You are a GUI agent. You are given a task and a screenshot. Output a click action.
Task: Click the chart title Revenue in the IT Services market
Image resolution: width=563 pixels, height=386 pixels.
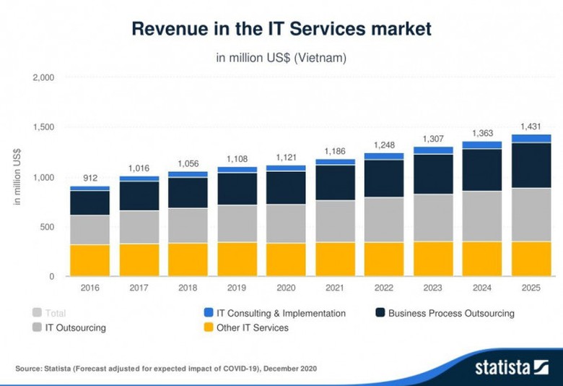[281, 29]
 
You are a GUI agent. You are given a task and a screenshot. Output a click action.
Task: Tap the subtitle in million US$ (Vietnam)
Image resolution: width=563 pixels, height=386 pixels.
[281, 57]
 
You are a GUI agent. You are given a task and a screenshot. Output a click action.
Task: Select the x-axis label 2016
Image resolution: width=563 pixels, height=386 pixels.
[90, 287]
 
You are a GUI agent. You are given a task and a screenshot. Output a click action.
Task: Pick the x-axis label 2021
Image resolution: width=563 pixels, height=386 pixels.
[335, 287]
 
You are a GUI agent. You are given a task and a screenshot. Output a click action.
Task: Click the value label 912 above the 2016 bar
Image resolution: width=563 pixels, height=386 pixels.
[90, 177]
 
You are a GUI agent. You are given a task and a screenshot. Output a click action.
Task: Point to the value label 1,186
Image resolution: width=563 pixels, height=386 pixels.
[335, 150]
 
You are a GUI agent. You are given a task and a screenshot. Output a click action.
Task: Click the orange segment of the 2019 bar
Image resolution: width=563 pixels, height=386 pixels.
[237, 260]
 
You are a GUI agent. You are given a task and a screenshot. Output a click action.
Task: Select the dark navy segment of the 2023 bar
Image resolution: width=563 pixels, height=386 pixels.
[433, 174]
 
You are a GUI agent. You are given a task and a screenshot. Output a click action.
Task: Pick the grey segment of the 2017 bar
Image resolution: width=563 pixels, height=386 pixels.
[139, 227]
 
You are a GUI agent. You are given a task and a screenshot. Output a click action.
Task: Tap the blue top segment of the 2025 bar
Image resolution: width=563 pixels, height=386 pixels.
[531, 138]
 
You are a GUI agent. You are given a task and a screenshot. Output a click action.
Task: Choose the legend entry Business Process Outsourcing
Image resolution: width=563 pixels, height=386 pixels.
[451, 314]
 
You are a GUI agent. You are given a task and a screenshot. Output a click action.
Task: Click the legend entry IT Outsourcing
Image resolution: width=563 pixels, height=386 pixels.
[75, 328]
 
